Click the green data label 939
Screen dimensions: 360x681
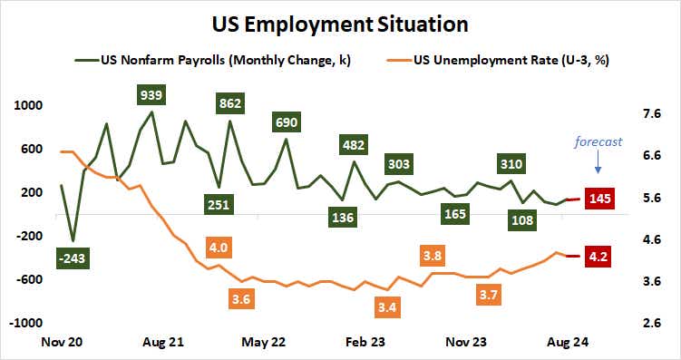coord(151,95)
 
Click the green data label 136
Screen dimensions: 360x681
coord(343,218)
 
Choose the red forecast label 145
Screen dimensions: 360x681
coord(599,199)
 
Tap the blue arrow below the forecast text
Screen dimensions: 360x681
coord(598,166)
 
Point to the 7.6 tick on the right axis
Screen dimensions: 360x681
coord(651,114)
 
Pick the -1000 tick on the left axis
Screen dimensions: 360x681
coord(26,323)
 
